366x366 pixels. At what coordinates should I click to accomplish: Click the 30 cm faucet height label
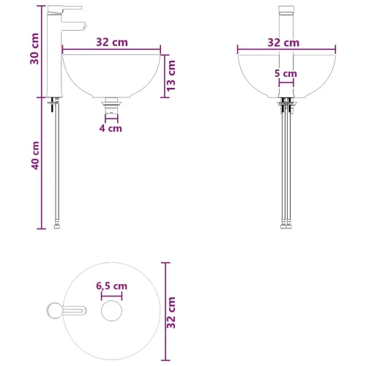click(x=34, y=49)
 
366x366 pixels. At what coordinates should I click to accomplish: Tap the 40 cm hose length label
click(x=35, y=155)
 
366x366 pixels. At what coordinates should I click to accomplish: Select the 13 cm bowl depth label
click(x=171, y=76)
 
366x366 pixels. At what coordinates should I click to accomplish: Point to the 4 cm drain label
click(x=111, y=128)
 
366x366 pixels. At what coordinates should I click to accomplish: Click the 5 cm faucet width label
click(x=285, y=73)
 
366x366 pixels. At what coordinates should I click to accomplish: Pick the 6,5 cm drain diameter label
click(x=112, y=286)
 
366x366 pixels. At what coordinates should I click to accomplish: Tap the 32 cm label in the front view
click(x=283, y=42)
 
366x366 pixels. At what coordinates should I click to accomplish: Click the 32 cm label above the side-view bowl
click(x=112, y=42)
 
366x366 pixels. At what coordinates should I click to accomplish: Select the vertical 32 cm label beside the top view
click(x=171, y=313)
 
